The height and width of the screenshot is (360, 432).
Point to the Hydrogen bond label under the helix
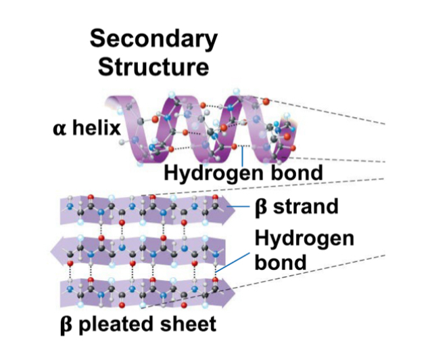(x=243, y=173)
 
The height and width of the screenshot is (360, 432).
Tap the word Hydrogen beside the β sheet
(x=305, y=238)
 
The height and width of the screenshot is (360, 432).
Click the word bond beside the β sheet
(x=279, y=261)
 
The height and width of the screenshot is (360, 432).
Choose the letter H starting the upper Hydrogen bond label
(x=172, y=173)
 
